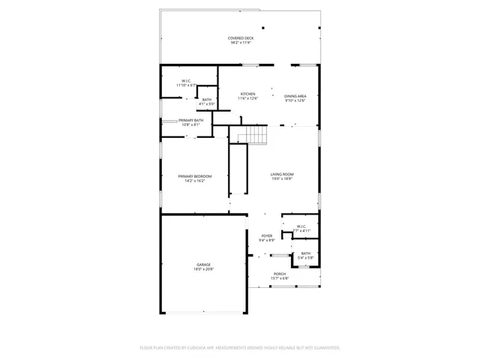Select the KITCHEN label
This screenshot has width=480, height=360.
247,94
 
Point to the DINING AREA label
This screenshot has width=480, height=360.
295,95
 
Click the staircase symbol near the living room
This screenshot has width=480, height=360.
257,136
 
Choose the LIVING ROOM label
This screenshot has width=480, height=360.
281,175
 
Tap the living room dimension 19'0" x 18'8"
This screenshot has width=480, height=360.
281,180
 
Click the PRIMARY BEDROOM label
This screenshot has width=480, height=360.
194,175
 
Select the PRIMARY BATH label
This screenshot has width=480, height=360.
190,120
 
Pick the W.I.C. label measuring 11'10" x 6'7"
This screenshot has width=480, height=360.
186,80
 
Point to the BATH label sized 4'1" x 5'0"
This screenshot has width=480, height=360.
206,99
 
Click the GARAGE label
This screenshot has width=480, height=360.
203,265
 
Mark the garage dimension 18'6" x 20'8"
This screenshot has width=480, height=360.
203,269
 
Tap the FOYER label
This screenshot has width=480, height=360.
266,235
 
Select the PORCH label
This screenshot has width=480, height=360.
280,274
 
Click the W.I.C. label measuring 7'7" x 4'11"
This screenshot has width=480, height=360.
301,226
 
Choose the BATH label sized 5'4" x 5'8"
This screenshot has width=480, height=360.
305,253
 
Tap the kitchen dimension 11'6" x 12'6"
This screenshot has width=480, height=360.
247,99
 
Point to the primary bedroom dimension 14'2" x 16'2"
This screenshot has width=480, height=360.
194,181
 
